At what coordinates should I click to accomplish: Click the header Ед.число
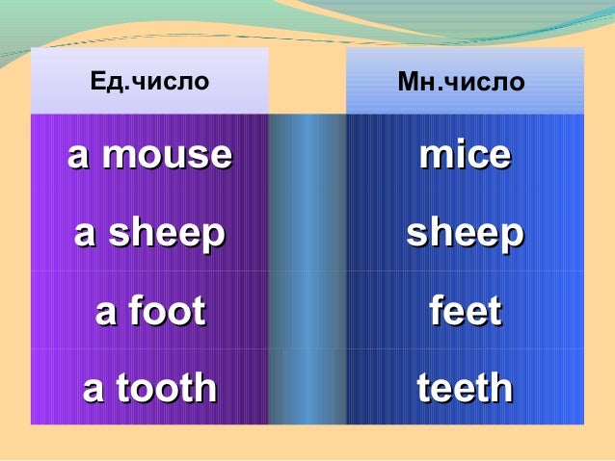pyautogui.click(x=148, y=82)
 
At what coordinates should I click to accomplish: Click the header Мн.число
pyautogui.click(x=461, y=82)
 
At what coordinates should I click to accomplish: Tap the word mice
pyautogui.click(x=465, y=155)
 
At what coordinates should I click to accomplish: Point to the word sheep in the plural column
pyautogui.click(x=466, y=234)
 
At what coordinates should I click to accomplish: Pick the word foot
pyautogui.click(x=164, y=312)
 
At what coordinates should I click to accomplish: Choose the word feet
pyautogui.click(x=466, y=312)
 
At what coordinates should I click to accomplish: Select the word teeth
pyautogui.click(x=466, y=388)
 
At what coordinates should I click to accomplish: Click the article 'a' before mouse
pyautogui.click(x=77, y=157)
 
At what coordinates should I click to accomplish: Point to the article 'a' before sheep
pyautogui.click(x=85, y=235)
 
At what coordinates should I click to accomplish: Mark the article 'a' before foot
pyautogui.click(x=105, y=313)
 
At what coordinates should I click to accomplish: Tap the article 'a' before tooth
pyautogui.click(x=94, y=390)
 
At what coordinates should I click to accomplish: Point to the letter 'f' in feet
pyautogui.click(x=436, y=311)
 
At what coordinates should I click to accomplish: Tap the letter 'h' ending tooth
pyautogui.click(x=204, y=388)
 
